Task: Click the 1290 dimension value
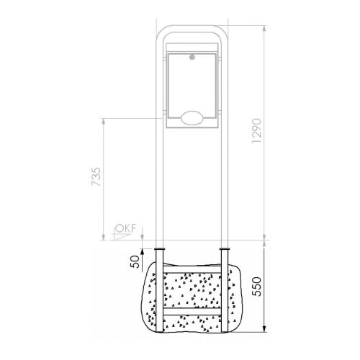[x=256, y=131]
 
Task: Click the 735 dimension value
[x=96, y=177]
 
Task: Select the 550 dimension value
[x=257, y=287]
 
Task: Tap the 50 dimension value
[x=135, y=261]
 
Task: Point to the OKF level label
[x=126, y=228]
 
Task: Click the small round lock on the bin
[x=192, y=57]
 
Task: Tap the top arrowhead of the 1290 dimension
[x=264, y=29]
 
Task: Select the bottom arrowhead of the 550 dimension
[x=264, y=328]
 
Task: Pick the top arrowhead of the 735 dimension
[x=104, y=122]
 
